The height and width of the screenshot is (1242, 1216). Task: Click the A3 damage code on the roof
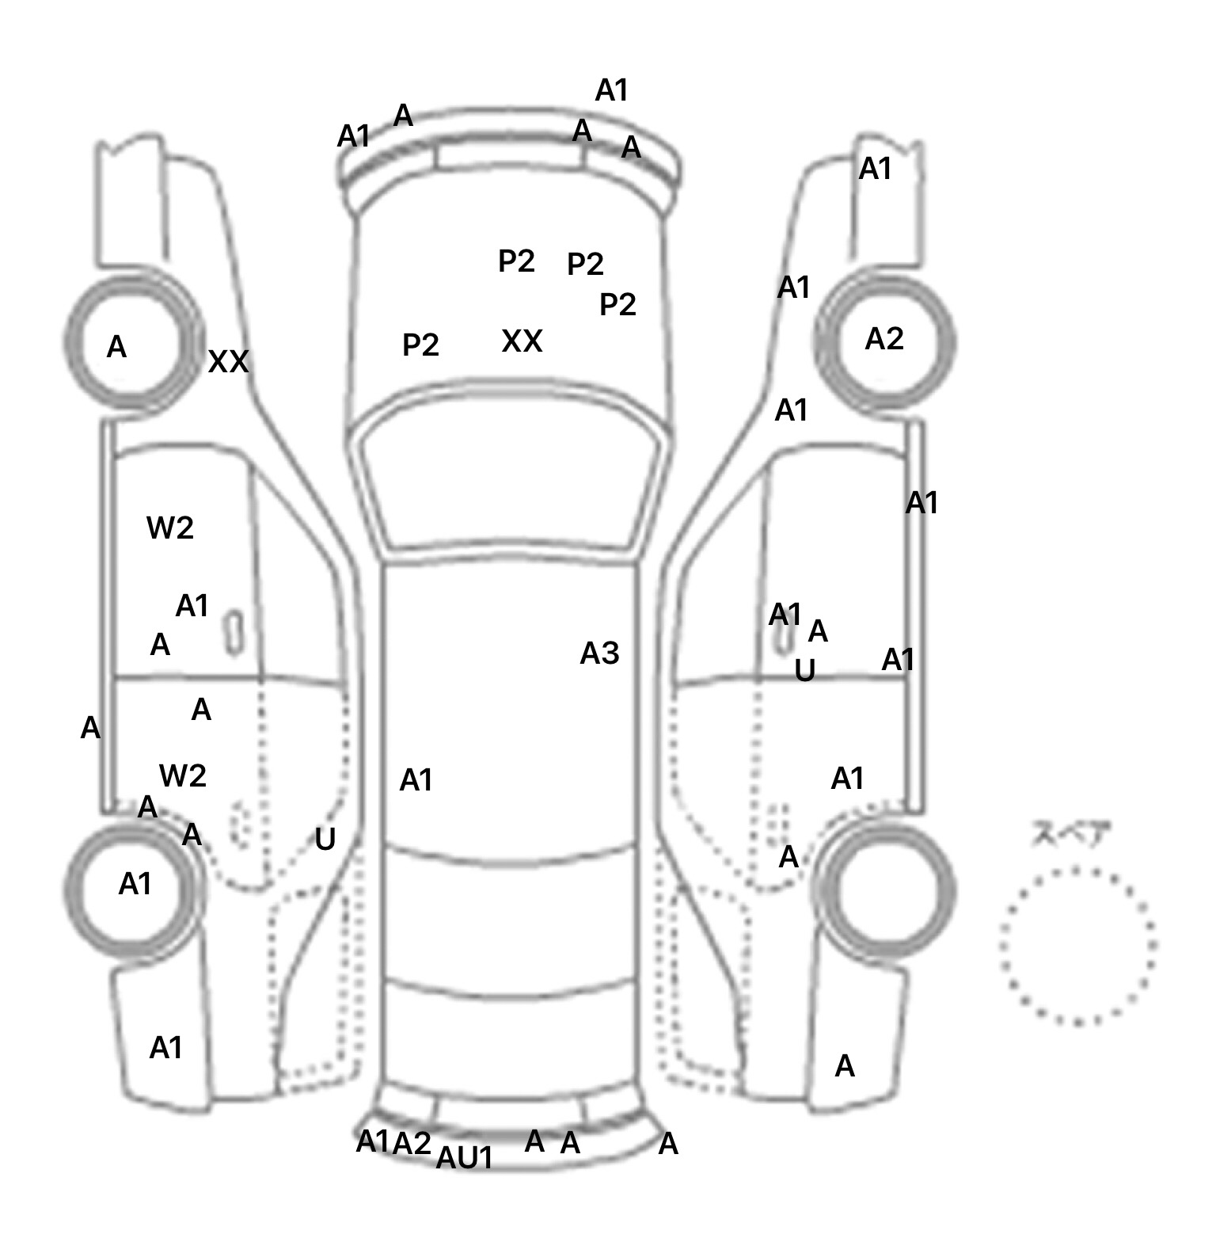coord(599,653)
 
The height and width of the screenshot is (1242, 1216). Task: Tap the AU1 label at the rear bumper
coord(465,1158)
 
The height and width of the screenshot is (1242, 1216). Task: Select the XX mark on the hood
coord(522,341)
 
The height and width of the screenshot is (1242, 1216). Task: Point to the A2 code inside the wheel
coord(883,339)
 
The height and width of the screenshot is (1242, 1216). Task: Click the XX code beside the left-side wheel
coord(228,362)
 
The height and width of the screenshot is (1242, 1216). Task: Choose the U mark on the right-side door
coord(804,671)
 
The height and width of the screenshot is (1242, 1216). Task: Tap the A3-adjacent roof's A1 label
coord(416,781)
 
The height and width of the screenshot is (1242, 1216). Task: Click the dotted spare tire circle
coord(1077,946)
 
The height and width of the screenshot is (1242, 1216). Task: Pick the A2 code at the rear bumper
coord(412,1143)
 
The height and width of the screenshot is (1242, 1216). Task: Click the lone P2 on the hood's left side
coord(420,345)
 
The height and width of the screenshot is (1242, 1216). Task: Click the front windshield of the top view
coord(511,483)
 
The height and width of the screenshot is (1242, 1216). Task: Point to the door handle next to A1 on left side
coord(233,633)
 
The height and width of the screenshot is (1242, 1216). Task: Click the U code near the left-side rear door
coord(325,840)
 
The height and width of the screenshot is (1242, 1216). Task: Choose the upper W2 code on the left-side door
coord(170,528)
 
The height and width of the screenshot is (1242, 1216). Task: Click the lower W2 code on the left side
coord(183,775)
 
